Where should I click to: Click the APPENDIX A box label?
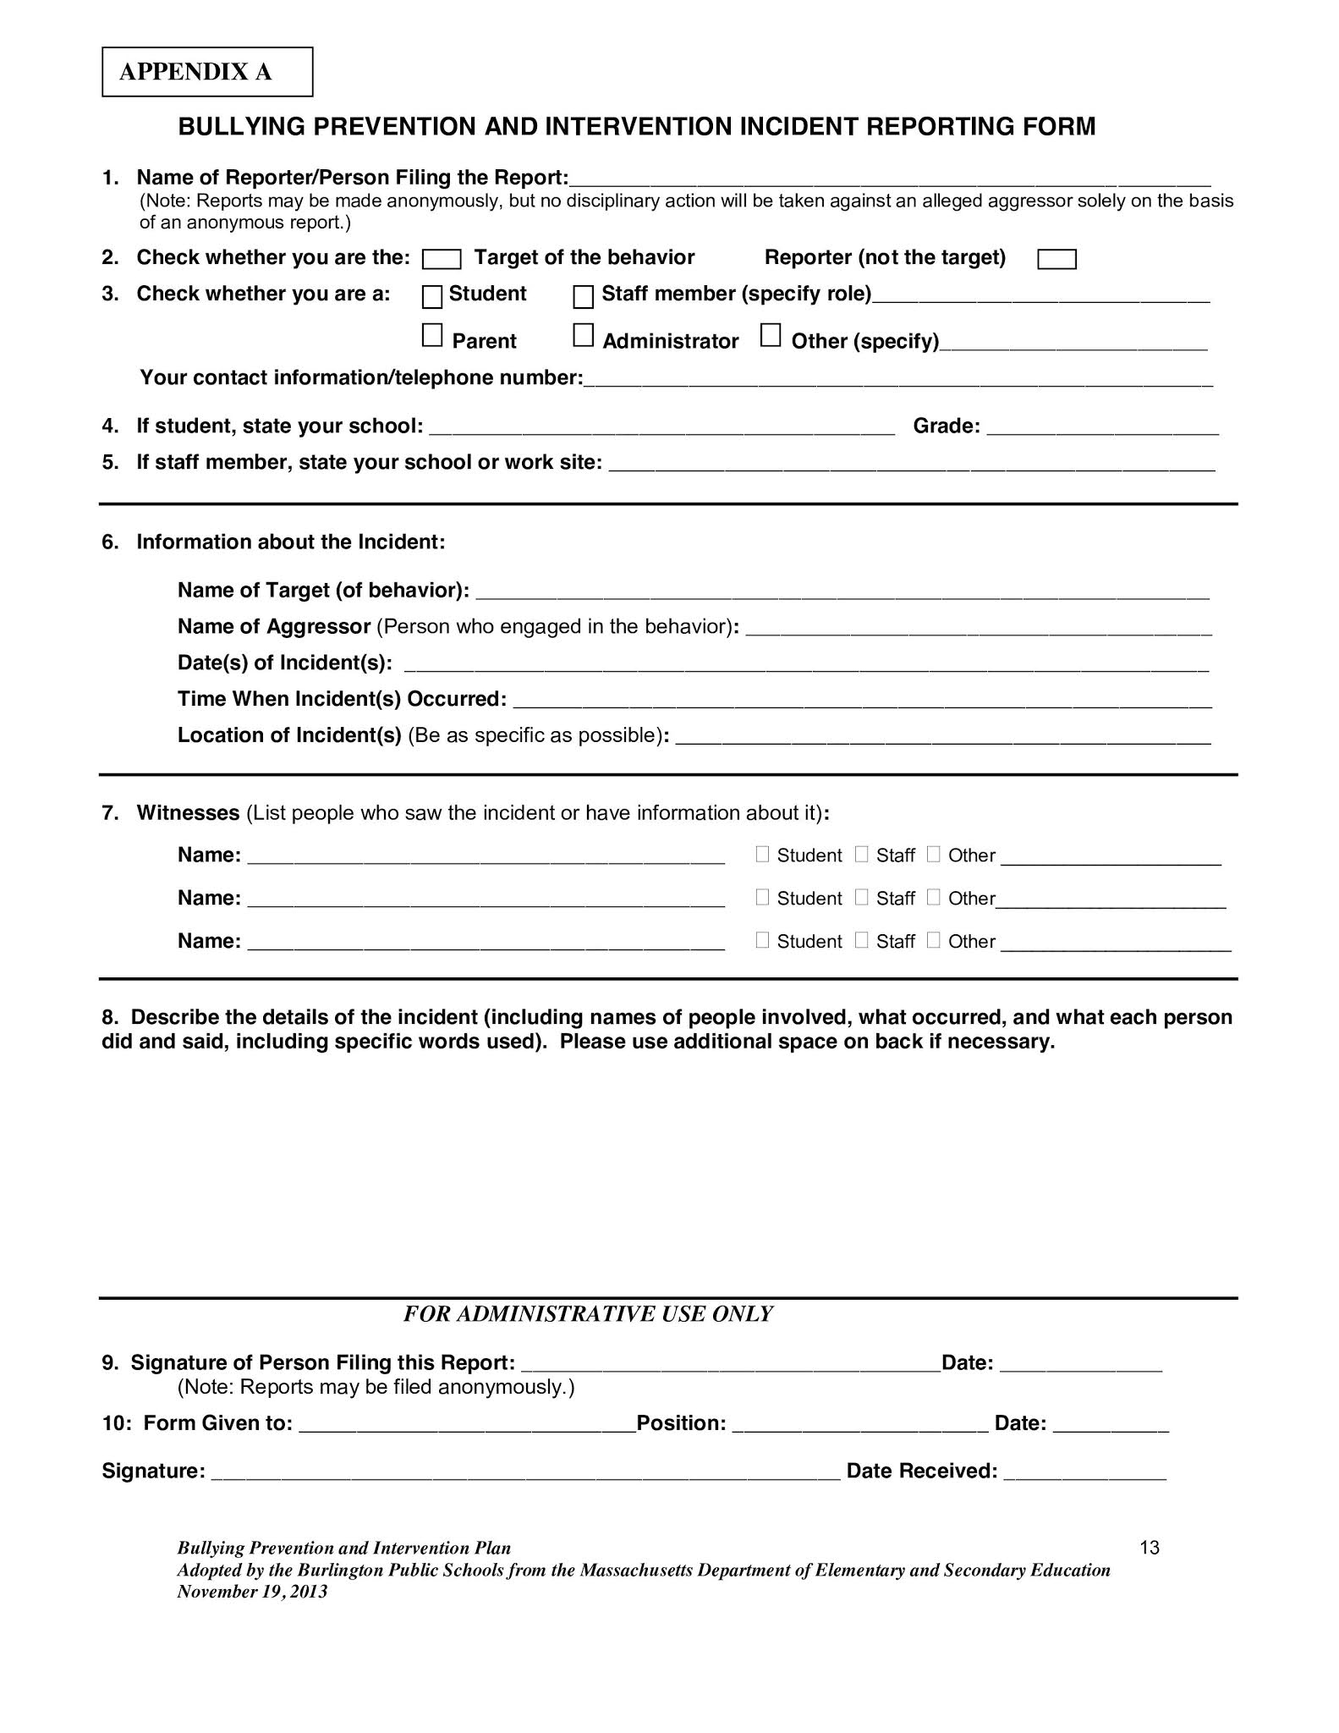pyautogui.click(x=196, y=72)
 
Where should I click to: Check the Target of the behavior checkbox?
pyautogui.click(x=441, y=259)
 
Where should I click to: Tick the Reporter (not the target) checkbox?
pyautogui.click(x=1056, y=259)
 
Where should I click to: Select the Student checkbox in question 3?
pyautogui.click(x=432, y=297)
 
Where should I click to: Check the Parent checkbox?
pyautogui.click(x=432, y=336)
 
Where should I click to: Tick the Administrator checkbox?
pyautogui.click(x=583, y=336)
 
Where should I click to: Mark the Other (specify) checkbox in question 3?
pyautogui.click(x=770, y=336)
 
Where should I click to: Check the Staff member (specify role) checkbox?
pyautogui.click(x=583, y=297)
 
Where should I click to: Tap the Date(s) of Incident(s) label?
pyautogui.click(x=284, y=663)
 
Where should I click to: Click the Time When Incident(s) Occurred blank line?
pyautogui.click(x=862, y=702)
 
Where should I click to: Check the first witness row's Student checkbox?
pyautogui.click(x=762, y=855)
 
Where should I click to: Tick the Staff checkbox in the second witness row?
pyautogui.click(x=861, y=897)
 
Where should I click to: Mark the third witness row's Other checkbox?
pyautogui.click(x=933, y=940)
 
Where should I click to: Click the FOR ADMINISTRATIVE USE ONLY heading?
pyautogui.click(x=588, y=1313)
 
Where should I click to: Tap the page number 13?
pyautogui.click(x=1149, y=1548)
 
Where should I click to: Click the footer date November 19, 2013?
pyautogui.click(x=252, y=1592)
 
